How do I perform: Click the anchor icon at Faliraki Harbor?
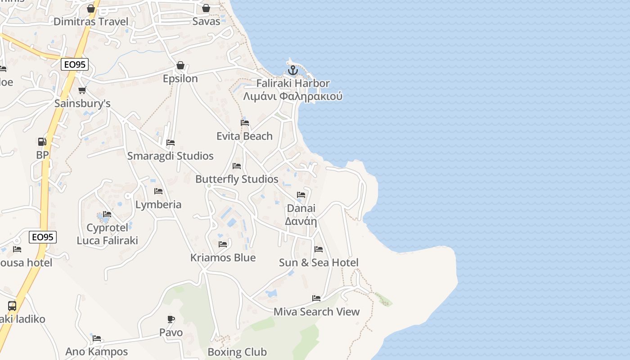[293, 70]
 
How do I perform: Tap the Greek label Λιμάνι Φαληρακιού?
[293, 96]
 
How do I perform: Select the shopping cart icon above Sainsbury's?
[82, 90]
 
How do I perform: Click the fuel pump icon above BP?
[42, 142]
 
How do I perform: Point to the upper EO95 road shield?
[75, 64]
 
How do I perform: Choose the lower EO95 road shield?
[43, 237]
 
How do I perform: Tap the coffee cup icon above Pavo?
[171, 319]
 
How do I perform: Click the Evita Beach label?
[244, 136]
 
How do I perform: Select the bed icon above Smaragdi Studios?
[171, 143]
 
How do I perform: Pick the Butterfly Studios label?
[237, 179]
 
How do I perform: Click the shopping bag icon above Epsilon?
[180, 65]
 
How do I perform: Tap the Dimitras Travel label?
[91, 22]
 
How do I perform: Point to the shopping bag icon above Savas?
[206, 8]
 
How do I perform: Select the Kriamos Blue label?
[223, 257]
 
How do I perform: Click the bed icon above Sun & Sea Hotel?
[319, 249]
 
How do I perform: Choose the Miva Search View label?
[317, 311]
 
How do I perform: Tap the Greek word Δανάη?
[301, 221]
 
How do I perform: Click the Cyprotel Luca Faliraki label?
[107, 234]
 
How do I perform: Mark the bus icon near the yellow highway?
[12, 306]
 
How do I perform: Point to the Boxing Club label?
[237, 352]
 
